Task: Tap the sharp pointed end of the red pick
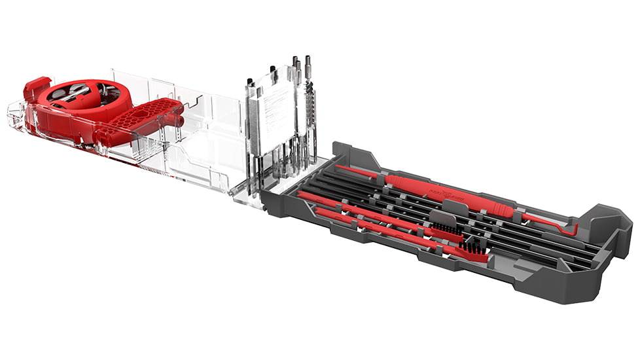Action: pos(342,167)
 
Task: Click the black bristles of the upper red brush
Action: pos(446,230)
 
